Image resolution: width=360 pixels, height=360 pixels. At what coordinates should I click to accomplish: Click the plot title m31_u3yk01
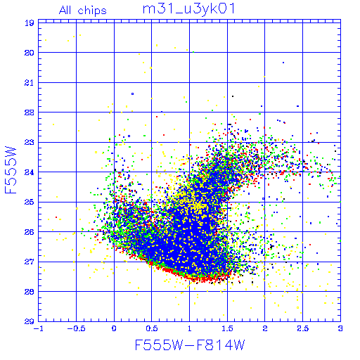tap(188, 10)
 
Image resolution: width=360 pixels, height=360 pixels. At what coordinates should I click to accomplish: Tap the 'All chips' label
tap(83, 11)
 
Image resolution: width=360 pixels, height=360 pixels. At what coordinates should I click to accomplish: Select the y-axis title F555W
tap(11, 170)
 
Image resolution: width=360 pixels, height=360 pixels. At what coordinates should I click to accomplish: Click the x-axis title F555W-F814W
tap(190, 345)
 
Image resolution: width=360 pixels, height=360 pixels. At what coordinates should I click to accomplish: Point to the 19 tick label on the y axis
tap(30, 23)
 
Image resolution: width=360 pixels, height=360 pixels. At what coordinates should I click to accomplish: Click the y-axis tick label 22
tap(30, 112)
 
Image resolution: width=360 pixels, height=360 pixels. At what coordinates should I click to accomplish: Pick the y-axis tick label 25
tap(30, 202)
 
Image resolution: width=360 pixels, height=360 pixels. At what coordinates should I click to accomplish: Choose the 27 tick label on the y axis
tap(30, 262)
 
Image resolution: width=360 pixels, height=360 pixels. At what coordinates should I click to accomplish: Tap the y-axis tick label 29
tap(30, 321)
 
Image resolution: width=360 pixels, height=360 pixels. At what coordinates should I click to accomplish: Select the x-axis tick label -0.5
tap(76, 328)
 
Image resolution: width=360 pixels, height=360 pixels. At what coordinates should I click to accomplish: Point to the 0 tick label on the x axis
tap(114, 328)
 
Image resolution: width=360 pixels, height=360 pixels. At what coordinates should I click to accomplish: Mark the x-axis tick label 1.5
tap(227, 328)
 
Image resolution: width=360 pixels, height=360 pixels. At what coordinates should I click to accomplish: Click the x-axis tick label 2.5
tap(302, 328)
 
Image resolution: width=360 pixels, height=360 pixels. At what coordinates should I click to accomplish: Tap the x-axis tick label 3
tap(340, 328)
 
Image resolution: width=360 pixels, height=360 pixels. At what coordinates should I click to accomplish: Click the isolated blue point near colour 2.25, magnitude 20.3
tap(283, 63)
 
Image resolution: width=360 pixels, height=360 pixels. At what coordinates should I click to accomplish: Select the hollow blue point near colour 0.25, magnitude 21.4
tap(133, 94)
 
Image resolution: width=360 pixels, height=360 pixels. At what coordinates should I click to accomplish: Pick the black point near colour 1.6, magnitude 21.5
tap(233, 96)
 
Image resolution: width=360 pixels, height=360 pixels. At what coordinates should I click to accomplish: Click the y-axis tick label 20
tap(30, 53)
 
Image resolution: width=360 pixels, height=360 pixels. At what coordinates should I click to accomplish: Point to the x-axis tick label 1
tap(189, 328)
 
